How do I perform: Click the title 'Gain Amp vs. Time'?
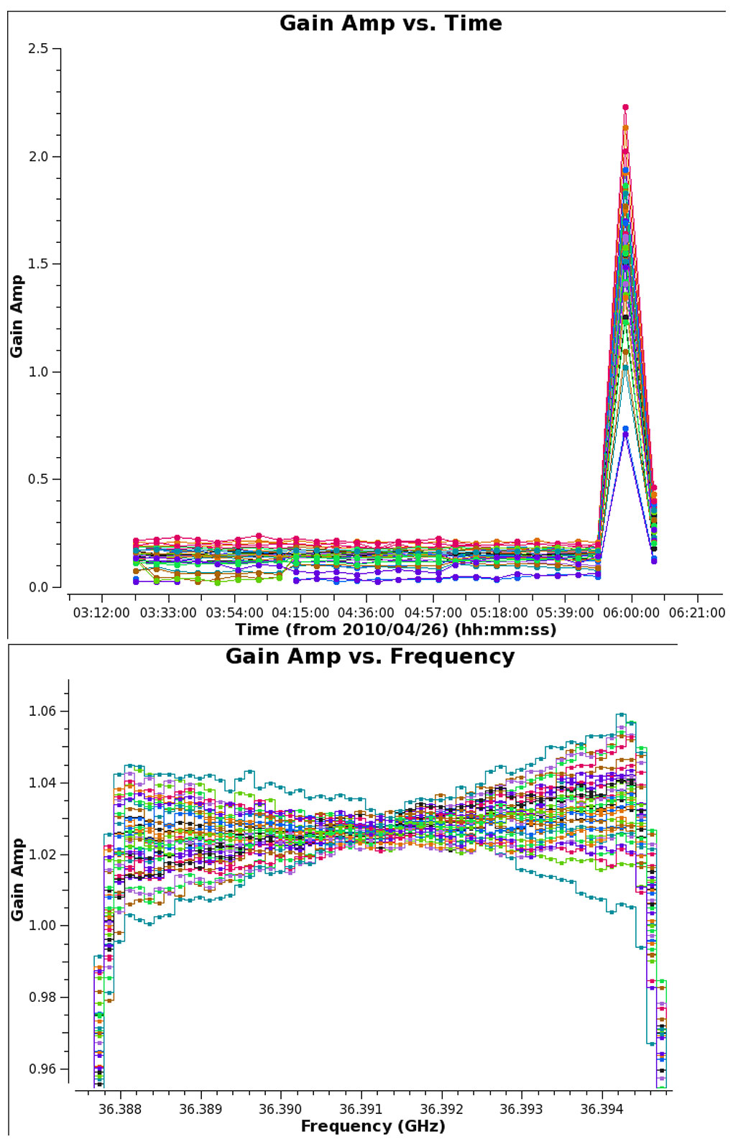click(x=390, y=24)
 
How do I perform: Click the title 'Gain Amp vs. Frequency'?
click(x=370, y=657)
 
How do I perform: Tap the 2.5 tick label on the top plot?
click(x=38, y=49)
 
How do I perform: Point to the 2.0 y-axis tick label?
click(x=38, y=157)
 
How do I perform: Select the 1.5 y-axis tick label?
click(x=38, y=264)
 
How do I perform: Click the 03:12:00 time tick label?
click(x=101, y=613)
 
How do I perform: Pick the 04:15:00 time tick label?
click(x=300, y=613)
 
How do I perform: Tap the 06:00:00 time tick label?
click(x=631, y=613)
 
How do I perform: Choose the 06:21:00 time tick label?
click(x=697, y=613)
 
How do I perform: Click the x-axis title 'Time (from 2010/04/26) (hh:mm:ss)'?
click(x=395, y=630)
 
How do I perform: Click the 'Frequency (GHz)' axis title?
click(x=373, y=1126)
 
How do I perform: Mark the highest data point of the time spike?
click(x=625, y=107)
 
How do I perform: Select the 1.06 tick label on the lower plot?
click(x=42, y=711)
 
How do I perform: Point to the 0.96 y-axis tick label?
click(x=42, y=1069)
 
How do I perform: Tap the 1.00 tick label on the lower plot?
click(x=42, y=926)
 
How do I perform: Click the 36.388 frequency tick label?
click(x=120, y=1110)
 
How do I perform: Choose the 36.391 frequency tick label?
click(x=361, y=1110)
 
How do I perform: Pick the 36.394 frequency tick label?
click(x=601, y=1110)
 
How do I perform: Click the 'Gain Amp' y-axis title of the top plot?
click(x=17, y=316)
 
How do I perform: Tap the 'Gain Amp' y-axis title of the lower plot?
click(x=17, y=879)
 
